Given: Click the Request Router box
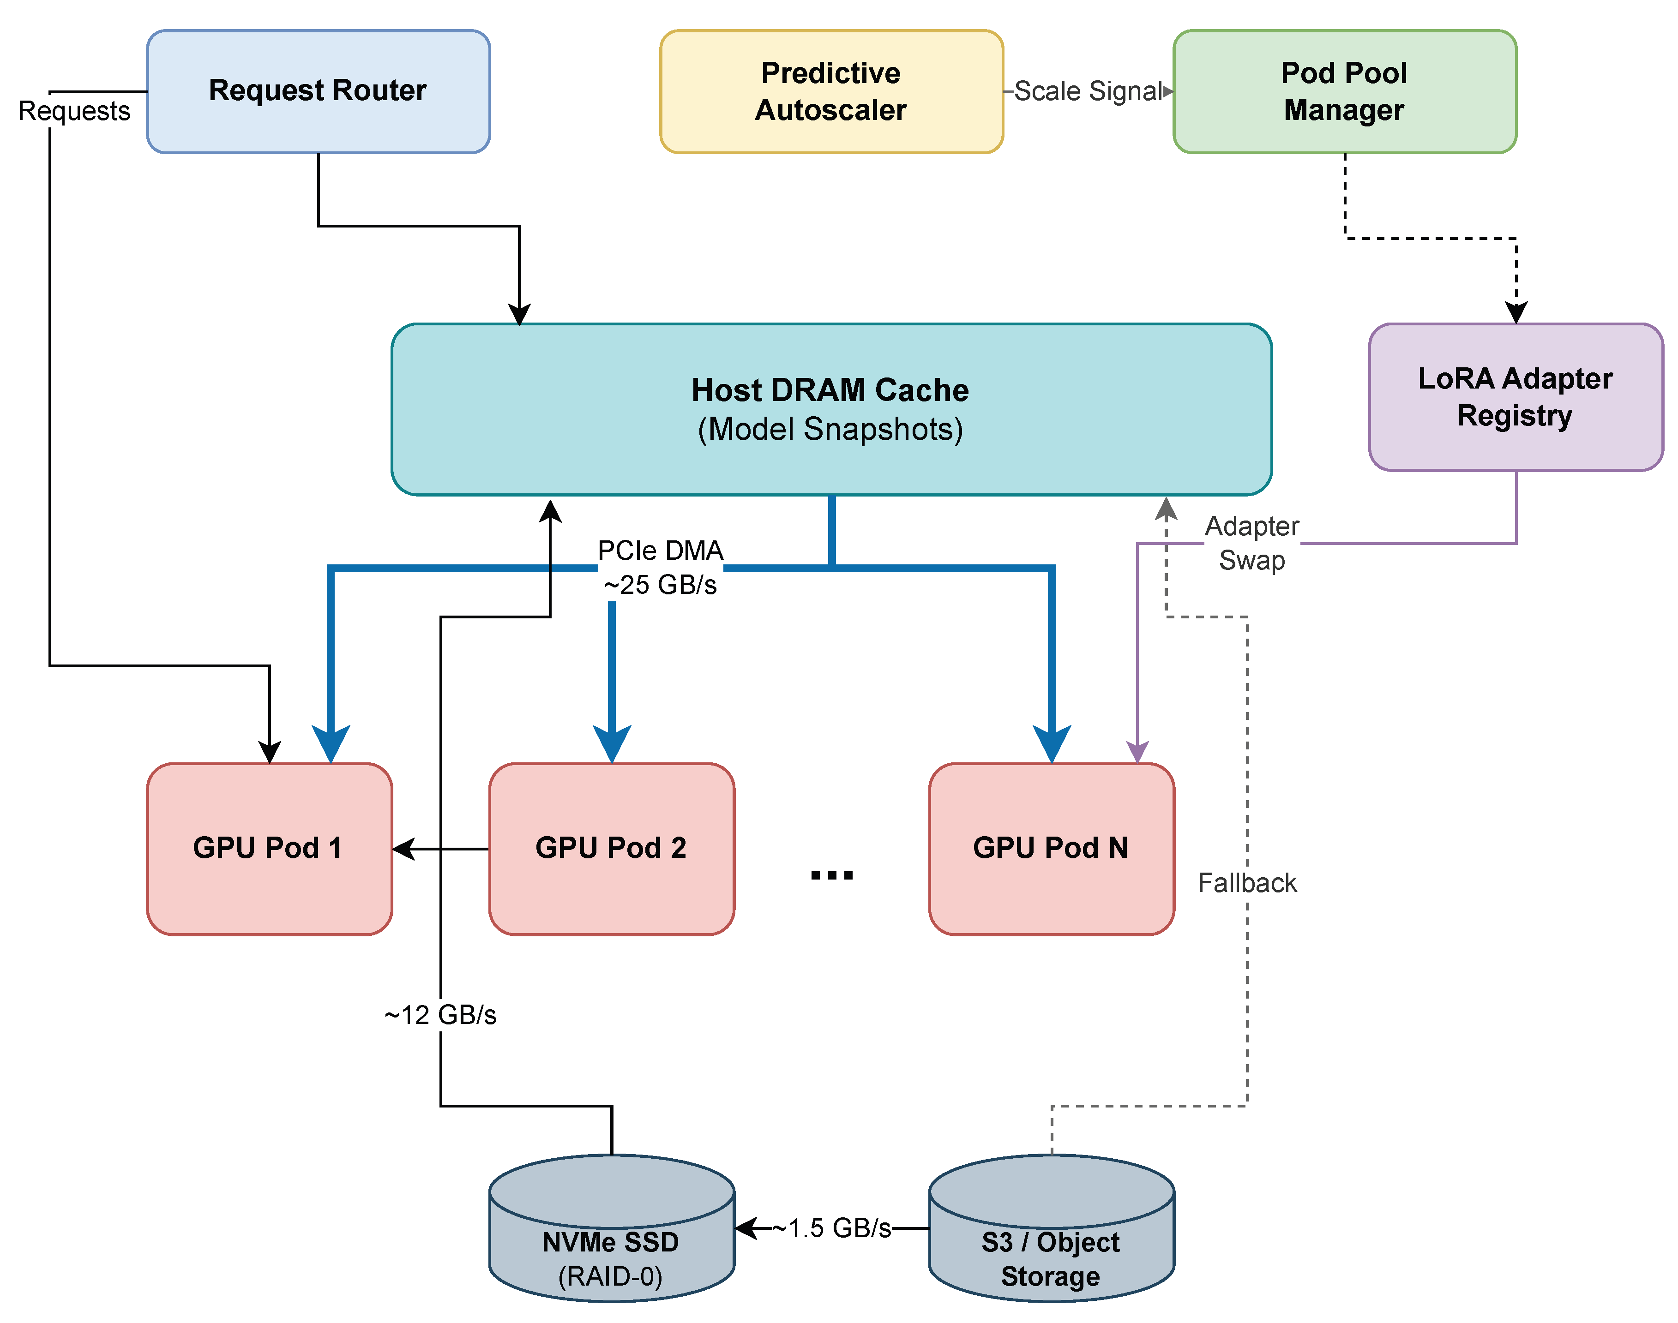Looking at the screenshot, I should coord(318,91).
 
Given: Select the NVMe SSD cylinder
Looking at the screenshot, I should coord(611,1239).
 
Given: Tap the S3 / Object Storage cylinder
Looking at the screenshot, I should coord(1051,1239).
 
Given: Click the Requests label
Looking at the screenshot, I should coord(74,111).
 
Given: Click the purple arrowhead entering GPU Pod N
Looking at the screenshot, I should coord(1137,751).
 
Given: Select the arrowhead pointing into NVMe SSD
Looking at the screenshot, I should coord(745,1228).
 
